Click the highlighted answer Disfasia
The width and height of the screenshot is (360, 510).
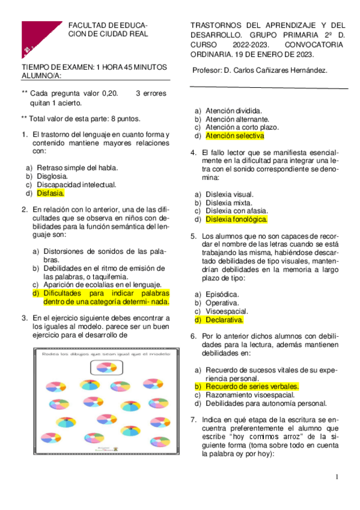tap(50, 194)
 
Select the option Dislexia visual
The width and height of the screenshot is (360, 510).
tap(230, 194)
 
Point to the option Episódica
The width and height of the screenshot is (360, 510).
tap(222, 294)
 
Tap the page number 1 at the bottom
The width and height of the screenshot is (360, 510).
tap(338, 477)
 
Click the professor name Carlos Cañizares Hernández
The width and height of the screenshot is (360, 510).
tap(281, 70)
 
